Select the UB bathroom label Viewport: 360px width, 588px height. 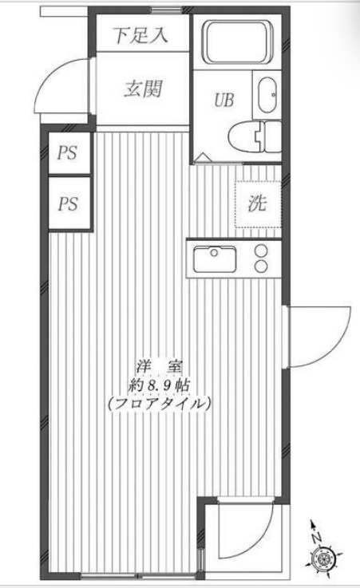pos(223,101)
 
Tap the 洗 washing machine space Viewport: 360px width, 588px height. pos(256,203)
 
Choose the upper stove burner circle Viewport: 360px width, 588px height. pos(261,251)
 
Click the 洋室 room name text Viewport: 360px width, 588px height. pos(159,367)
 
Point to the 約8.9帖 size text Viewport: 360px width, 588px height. pos(159,385)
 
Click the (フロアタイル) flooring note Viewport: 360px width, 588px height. pos(159,404)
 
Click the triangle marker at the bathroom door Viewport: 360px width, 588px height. pos(202,157)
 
